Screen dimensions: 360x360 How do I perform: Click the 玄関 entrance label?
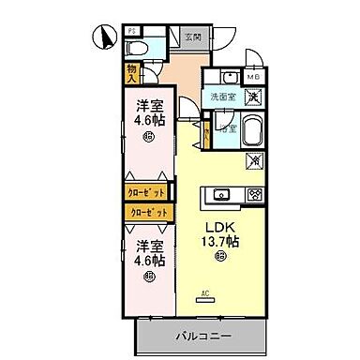pos(191,37)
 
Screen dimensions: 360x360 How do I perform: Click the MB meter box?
pos(253,77)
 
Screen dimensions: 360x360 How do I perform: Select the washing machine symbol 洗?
pos(252,96)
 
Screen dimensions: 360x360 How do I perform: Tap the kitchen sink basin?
pos(221,194)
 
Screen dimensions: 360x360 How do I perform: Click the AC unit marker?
pos(204,294)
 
